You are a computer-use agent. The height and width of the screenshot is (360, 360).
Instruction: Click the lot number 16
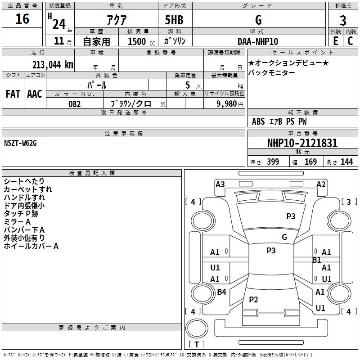tap(22, 19)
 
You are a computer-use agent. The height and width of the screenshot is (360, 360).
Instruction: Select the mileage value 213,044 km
tap(53, 65)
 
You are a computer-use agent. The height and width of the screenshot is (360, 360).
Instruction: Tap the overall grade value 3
tap(343, 21)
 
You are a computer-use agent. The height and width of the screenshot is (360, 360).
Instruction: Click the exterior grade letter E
tap(336, 41)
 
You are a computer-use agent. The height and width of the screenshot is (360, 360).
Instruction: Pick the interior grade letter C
tap(350, 41)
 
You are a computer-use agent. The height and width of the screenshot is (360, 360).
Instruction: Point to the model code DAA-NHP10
tap(258, 41)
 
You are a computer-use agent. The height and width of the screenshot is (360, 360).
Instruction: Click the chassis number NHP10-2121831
tap(302, 143)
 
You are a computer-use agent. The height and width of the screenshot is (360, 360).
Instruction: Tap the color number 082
tap(75, 104)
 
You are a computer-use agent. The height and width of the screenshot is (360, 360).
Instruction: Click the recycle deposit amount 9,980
tap(227, 103)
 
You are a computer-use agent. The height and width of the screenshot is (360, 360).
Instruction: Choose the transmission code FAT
tap(13, 94)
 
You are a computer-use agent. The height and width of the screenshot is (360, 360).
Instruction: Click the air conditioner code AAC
tap(35, 94)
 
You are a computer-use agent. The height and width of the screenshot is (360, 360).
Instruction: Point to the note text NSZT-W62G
tap(20, 143)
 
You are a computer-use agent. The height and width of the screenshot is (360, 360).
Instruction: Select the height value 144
tap(346, 162)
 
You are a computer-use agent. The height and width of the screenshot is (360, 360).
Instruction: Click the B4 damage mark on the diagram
tap(221, 292)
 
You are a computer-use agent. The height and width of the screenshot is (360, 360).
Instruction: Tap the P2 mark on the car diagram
tap(253, 299)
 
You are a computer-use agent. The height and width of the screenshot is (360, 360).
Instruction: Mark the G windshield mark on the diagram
tap(284, 237)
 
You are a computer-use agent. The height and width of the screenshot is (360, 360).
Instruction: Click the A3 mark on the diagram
tap(220, 184)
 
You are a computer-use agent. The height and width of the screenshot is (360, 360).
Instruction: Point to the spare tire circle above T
tap(197, 328)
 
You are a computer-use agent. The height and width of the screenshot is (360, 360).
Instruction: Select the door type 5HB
tap(174, 20)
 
